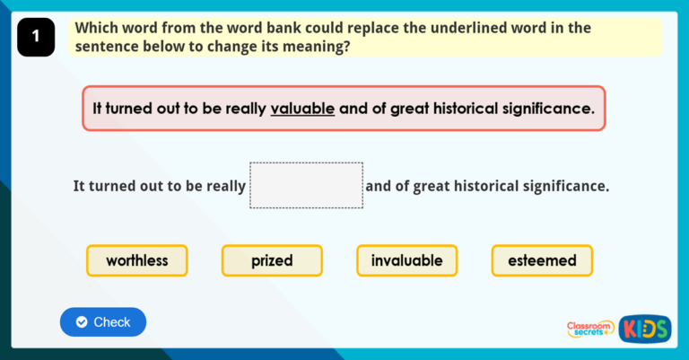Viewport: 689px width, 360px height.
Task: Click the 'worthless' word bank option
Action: click(x=137, y=260)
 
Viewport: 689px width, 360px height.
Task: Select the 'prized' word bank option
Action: click(x=272, y=260)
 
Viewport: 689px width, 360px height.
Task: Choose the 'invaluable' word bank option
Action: click(x=406, y=260)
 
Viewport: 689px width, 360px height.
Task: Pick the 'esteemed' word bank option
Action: click(x=542, y=260)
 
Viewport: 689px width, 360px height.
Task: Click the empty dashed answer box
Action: click(x=306, y=185)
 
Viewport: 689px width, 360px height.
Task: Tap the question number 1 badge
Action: click(x=36, y=37)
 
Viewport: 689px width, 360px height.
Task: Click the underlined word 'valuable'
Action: click(x=302, y=109)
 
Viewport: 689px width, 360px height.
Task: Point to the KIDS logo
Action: click(x=645, y=328)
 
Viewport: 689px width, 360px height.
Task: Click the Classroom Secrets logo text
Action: click(x=590, y=329)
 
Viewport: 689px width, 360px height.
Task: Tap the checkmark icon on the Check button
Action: click(x=82, y=321)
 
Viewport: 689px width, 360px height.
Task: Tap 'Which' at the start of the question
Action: click(x=96, y=28)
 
